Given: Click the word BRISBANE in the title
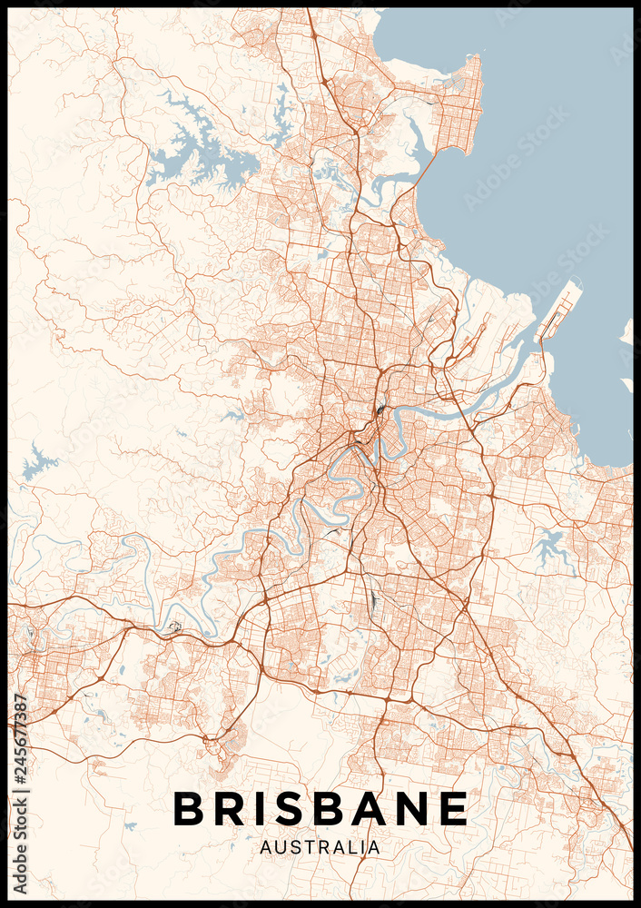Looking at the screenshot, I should tap(320, 808).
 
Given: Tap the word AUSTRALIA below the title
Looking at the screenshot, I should tap(320, 847).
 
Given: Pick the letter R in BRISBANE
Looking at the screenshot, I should tap(231, 808).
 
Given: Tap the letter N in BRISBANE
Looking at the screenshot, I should tap(414, 808).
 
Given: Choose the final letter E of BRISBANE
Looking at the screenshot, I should tap(454, 808).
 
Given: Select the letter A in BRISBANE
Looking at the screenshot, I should tap(371, 808).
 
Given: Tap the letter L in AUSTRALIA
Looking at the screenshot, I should tap(350, 847).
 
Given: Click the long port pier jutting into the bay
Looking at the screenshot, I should tap(558, 309).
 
